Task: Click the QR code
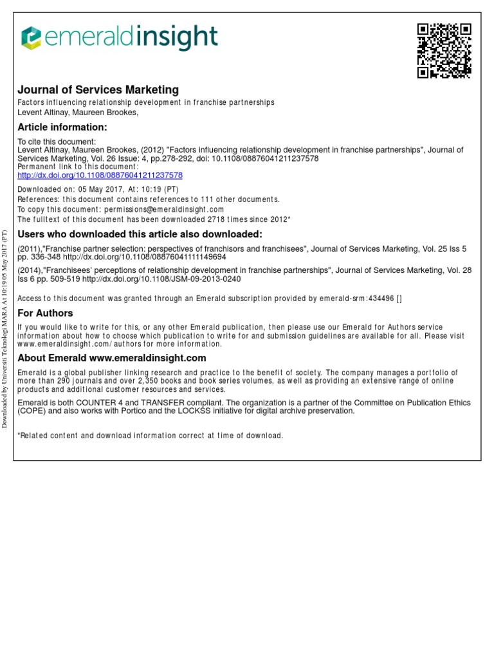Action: point(444,51)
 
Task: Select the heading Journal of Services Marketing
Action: point(98,90)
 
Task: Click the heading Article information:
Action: point(62,127)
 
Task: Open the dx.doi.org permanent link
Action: point(100,175)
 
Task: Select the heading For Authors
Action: point(45,313)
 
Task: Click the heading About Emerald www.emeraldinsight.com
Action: point(112,358)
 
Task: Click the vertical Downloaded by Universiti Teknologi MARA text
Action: point(5,328)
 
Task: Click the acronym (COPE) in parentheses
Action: point(32,411)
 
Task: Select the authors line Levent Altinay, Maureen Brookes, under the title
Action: point(78,112)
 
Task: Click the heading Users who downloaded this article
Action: point(140,234)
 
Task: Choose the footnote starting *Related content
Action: point(150,436)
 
